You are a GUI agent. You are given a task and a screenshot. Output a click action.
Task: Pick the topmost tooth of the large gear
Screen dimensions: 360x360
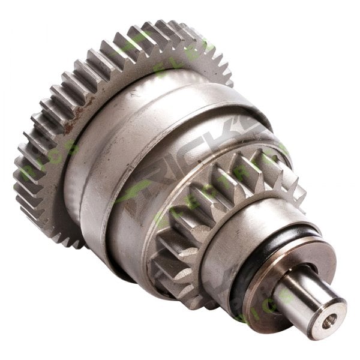click(x=174, y=27)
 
